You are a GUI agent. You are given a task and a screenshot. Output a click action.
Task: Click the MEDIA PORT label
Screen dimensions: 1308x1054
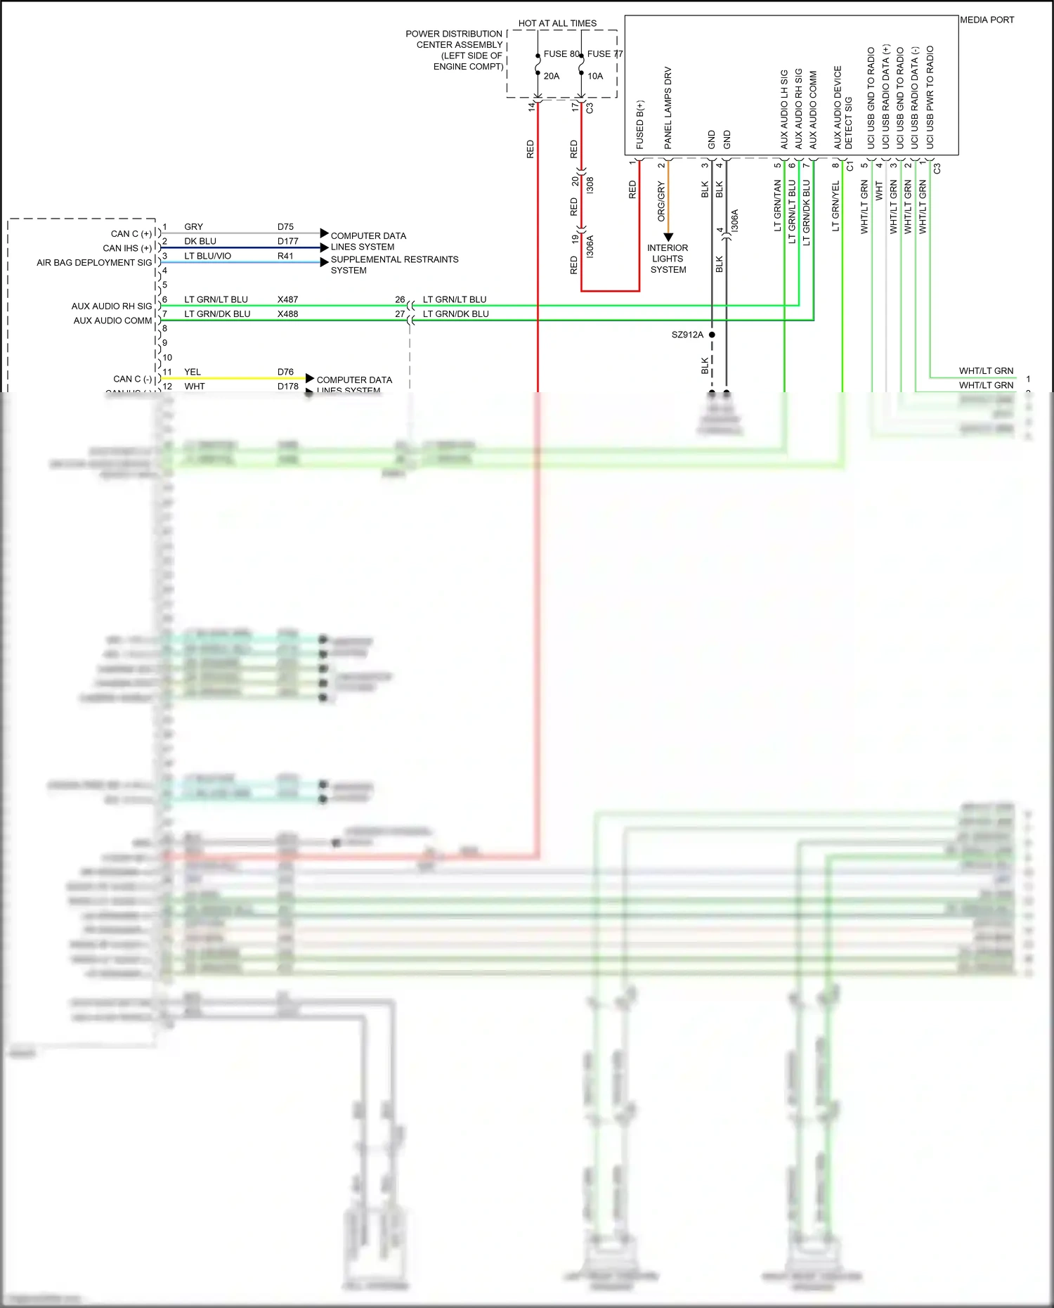click(987, 20)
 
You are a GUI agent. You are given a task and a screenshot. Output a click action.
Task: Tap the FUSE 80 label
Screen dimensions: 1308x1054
click(561, 53)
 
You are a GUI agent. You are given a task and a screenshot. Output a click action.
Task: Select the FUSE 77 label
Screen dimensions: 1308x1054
click(605, 53)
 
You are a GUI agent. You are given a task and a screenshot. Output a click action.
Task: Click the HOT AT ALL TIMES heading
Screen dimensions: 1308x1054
click(557, 23)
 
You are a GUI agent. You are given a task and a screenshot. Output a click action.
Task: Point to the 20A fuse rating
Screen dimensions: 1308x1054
click(552, 76)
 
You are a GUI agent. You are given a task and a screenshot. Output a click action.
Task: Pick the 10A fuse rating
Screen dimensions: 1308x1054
click(595, 76)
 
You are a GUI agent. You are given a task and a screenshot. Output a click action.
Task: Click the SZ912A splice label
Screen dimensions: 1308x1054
click(687, 335)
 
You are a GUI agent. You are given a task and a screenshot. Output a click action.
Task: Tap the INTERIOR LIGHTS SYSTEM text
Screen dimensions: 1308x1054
click(668, 259)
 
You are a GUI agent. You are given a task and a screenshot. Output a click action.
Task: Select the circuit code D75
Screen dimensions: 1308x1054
click(285, 226)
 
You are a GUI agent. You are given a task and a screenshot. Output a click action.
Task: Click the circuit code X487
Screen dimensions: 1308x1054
click(287, 299)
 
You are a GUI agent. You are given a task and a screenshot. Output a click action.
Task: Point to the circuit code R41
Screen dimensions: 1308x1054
click(285, 256)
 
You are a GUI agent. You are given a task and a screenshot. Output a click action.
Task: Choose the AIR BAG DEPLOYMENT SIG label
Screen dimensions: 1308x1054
click(94, 263)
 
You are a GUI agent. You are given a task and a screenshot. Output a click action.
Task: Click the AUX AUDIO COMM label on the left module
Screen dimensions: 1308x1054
click(112, 320)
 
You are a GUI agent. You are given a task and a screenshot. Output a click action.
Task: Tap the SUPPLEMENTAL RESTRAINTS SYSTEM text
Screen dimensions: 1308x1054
click(394, 265)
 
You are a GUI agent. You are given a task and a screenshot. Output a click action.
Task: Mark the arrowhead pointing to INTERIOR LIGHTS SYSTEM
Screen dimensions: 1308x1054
click(668, 237)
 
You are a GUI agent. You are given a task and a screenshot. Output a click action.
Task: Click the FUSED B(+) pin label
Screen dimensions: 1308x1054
click(640, 124)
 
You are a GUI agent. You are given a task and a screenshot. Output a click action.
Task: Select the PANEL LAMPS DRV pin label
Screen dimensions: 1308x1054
click(668, 108)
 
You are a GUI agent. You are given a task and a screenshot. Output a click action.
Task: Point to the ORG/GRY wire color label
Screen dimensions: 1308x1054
click(661, 202)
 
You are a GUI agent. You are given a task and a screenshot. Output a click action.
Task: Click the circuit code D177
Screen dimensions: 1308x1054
click(287, 241)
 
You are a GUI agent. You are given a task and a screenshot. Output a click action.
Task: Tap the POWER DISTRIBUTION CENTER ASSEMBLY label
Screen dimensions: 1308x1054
click(455, 50)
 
